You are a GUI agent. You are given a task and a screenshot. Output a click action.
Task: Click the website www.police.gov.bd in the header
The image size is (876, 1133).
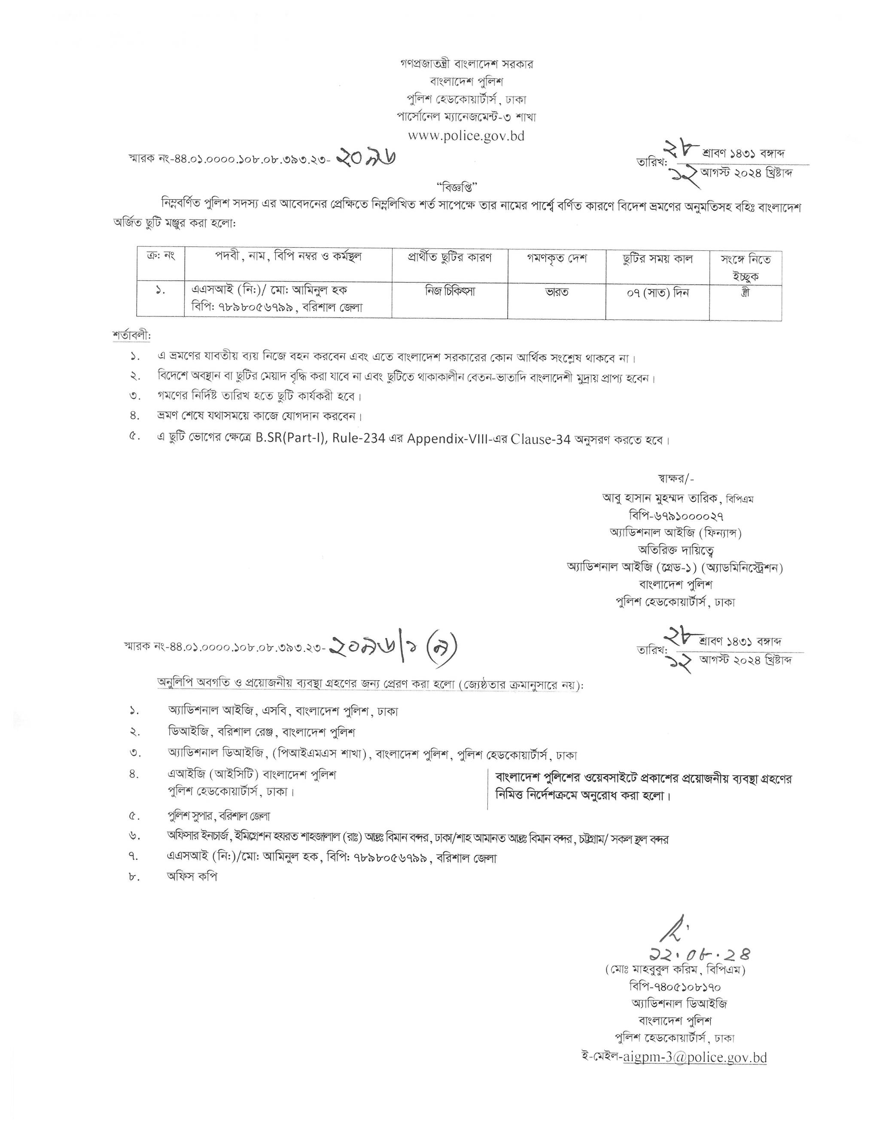click(x=466, y=136)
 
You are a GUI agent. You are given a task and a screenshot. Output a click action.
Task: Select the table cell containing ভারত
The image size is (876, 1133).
click(x=557, y=292)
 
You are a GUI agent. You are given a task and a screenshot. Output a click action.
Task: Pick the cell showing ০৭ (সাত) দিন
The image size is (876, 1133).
click(x=657, y=293)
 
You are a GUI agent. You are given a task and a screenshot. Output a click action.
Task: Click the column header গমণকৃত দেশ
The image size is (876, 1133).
click(x=557, y=258)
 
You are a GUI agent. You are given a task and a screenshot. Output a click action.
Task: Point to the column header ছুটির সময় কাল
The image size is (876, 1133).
click(x=657, y=258)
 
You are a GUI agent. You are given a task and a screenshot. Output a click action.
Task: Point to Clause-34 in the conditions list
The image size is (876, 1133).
click(x=540, y=439)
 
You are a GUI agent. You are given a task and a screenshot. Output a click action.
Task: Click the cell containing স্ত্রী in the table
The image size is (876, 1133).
click(x=745, y=292)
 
